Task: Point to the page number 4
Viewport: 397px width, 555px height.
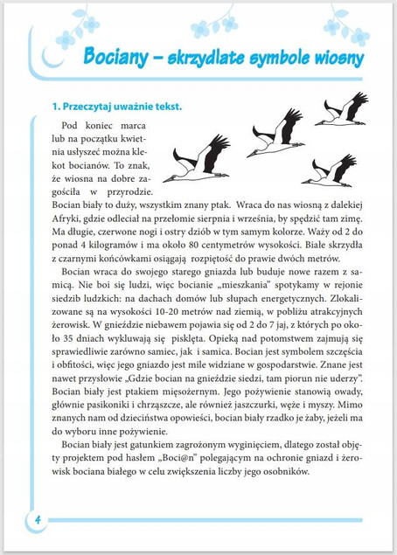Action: (x=38, y=518)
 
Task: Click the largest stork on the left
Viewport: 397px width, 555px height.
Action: (x=199, y=161)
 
